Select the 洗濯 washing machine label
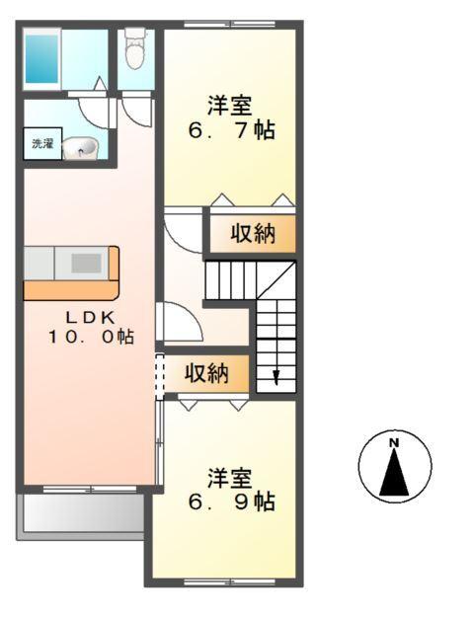42,144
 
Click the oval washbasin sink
80,148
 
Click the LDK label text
91,317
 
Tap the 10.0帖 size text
91,337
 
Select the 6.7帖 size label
231,129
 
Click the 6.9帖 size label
231,501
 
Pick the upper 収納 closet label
252,234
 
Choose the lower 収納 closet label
206,373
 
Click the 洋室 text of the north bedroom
230,104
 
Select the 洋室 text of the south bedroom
230,479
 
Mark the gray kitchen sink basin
86,263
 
